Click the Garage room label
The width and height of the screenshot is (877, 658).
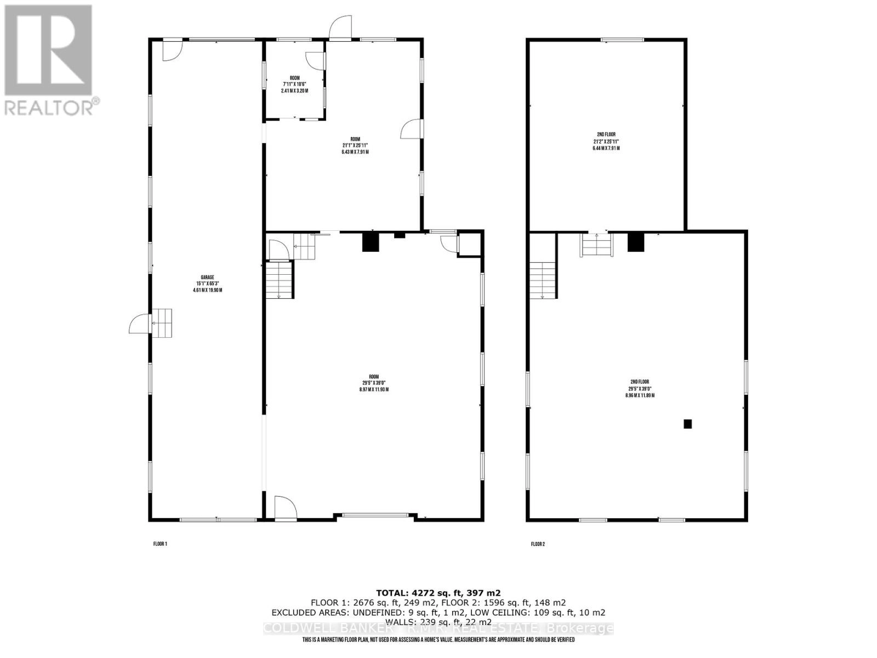tap(207, 283)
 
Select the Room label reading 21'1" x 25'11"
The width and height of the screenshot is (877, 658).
tap(355, 145)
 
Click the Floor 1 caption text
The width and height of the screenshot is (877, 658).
tap(160, 544)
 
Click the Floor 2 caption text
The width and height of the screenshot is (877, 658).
tap(538, 544)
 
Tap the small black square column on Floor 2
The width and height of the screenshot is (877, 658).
tap(687, 424)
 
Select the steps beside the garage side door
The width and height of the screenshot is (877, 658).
tap(162, 323)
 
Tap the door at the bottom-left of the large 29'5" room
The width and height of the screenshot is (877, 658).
tap(285, 507)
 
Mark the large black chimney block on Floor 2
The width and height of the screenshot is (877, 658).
tap(635, 242)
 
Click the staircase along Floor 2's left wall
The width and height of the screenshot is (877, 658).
tap(543, 280)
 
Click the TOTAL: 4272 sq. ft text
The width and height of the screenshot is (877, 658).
tap(438, 593)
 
